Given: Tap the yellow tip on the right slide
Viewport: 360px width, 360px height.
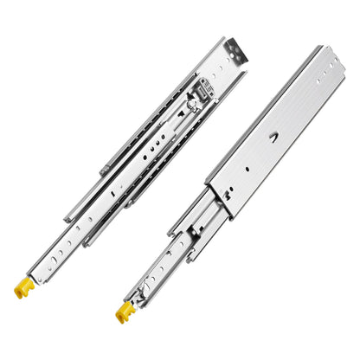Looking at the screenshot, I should click(123, 312).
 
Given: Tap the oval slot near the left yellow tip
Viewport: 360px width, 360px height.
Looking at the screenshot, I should click(45, 260).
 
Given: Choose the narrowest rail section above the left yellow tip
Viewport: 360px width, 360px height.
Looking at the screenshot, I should click(52, 251).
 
